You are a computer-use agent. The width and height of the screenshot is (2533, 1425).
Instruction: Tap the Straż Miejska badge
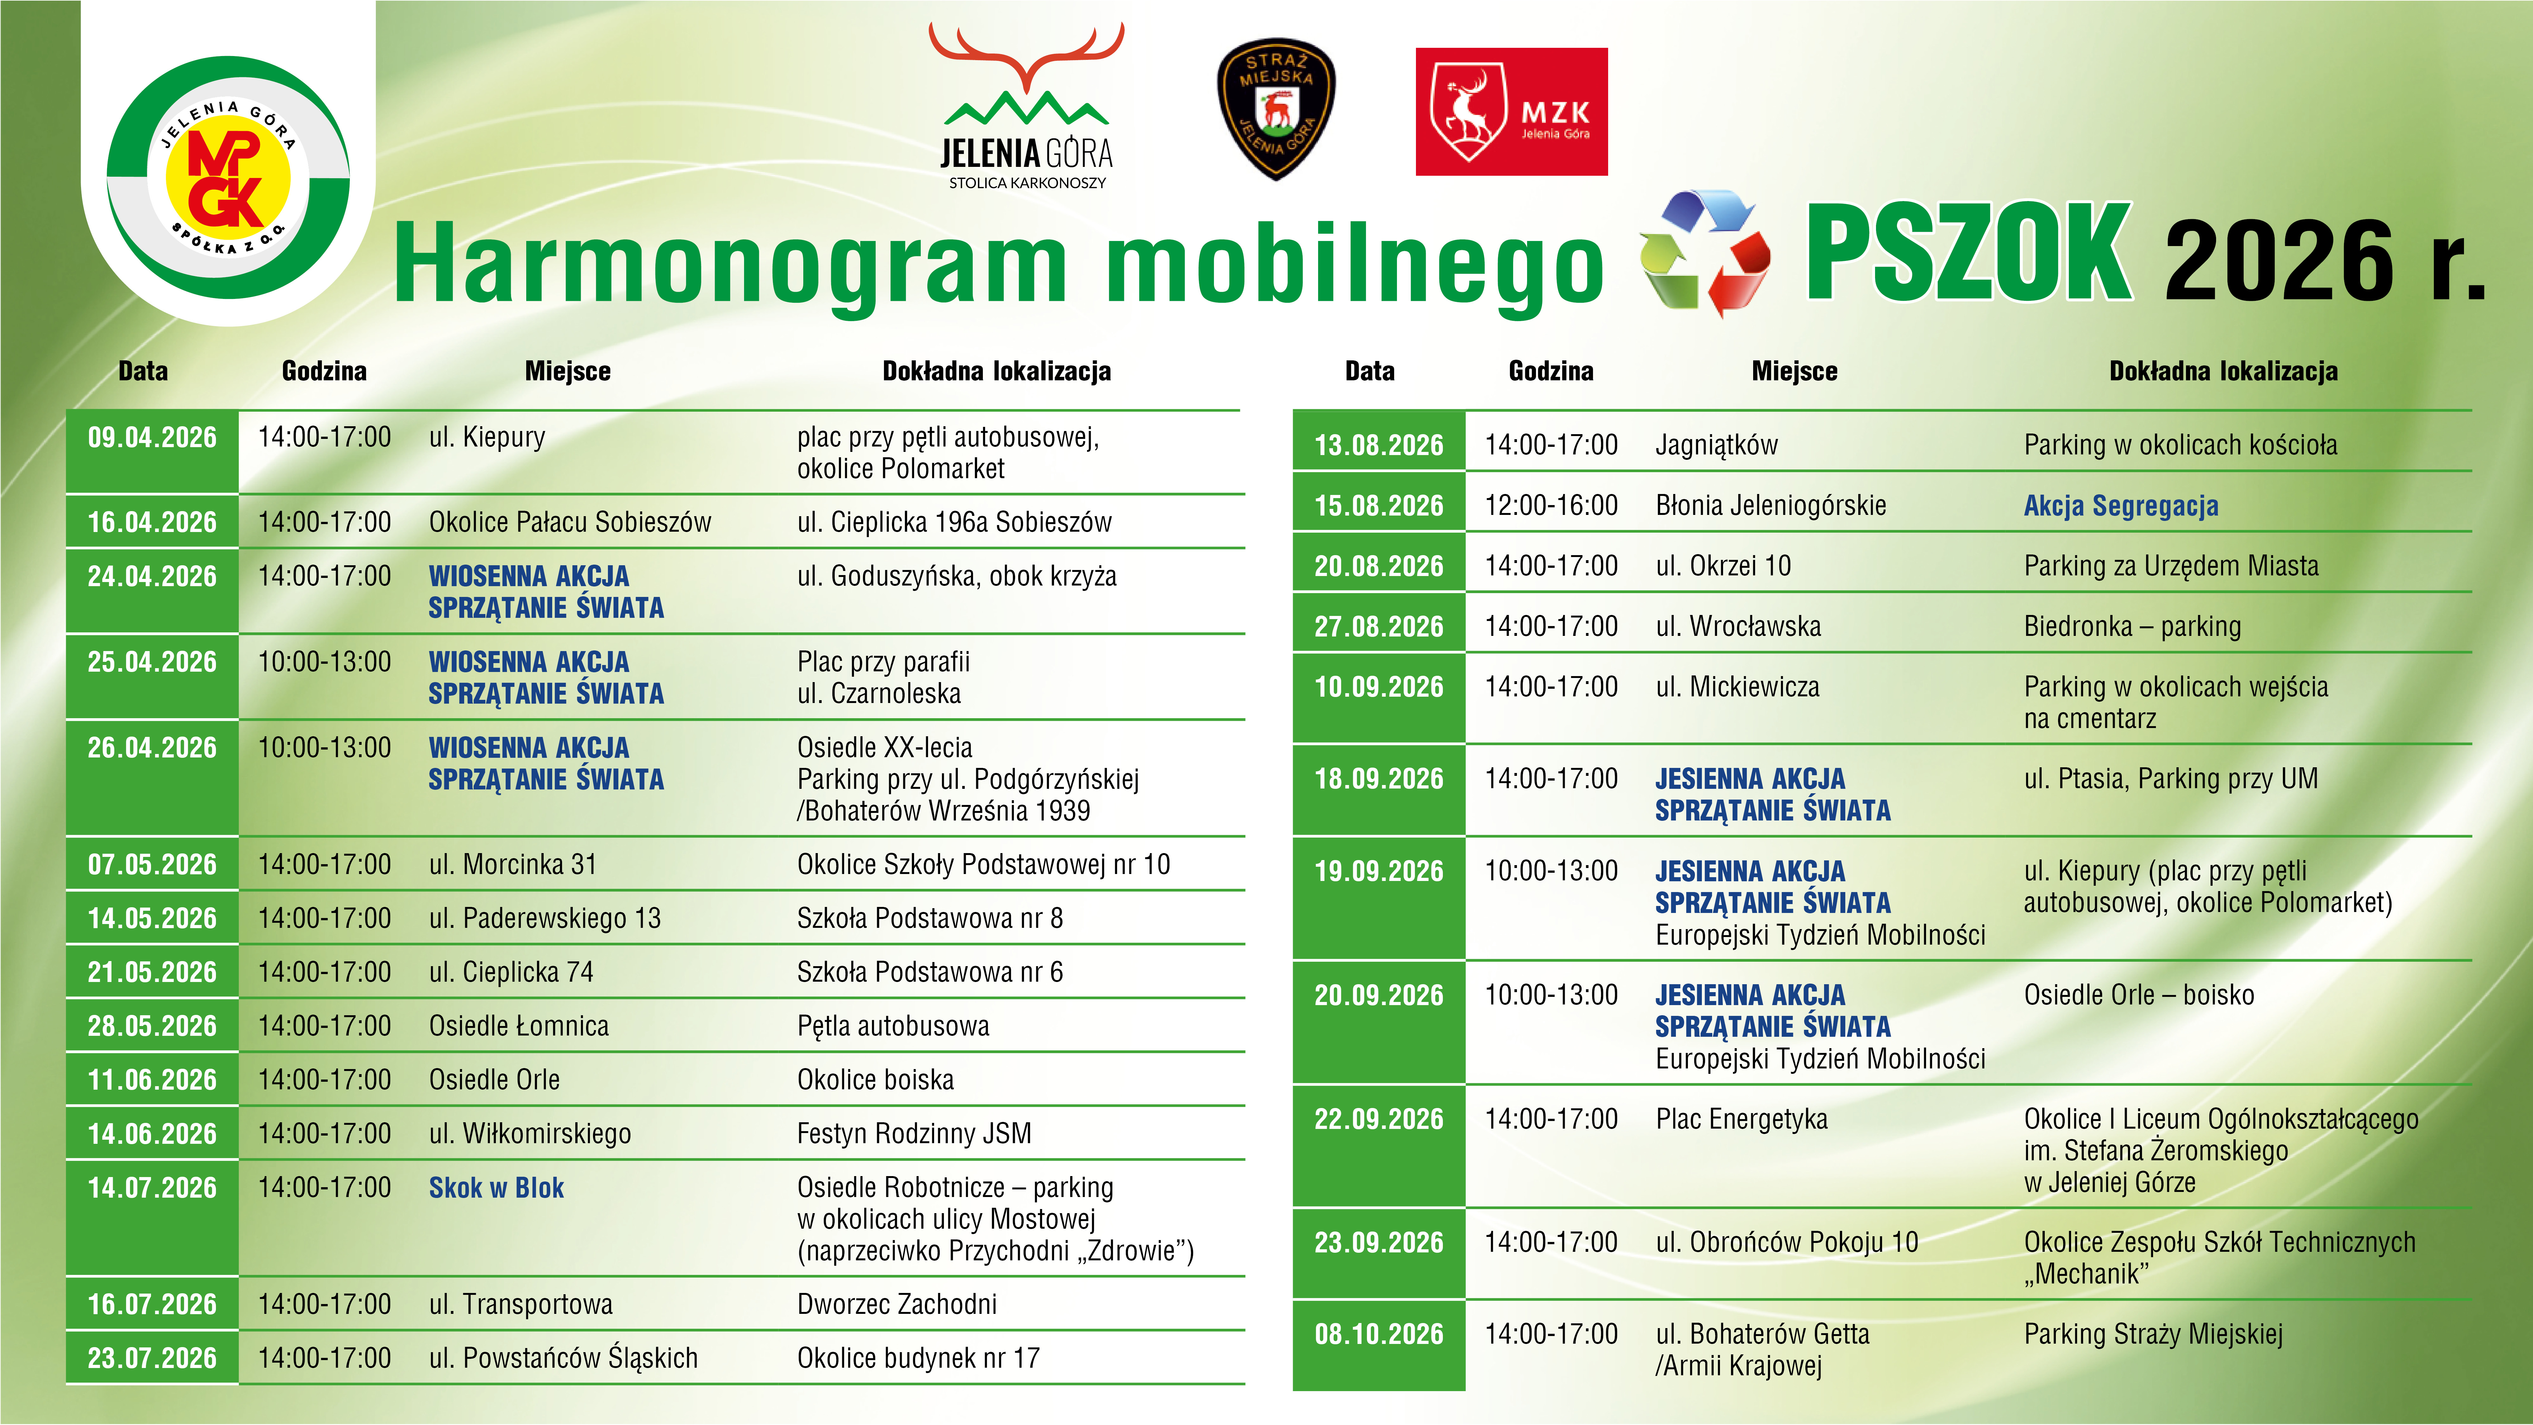pyautogui.click(x=1276, y=109)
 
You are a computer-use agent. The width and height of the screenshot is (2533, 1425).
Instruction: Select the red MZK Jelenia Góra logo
pyautogui.click(x=1511, y=111)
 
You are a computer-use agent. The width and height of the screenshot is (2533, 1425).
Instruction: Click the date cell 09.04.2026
pyautogui.click(x=152, y=438)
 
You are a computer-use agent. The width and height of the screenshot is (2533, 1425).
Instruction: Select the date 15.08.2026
pyautogui.click(x=1379, y=505)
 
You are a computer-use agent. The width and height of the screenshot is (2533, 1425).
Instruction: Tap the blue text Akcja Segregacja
pyautogui.click(x=2121, y=505)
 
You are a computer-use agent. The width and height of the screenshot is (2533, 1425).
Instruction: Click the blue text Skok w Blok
pyautogui.click(x=496, y=1188)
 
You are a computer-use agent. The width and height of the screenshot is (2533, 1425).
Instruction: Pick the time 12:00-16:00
pyautogui.click(x=1551, y=505)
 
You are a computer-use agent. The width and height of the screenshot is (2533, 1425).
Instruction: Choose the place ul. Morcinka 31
pyautogui.click(x=512, y=864)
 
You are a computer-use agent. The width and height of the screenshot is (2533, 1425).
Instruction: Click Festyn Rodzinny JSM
pyautogui.click(x=913, y=1134)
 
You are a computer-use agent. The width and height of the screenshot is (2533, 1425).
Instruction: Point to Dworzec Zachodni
pyautogui.click(x=897, y=1304)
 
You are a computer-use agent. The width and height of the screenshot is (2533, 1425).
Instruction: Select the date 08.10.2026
pyautogui.click(x=1379, y=1334)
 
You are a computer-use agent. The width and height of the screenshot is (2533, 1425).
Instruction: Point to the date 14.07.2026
pyautogui.click(x=152, y=1188)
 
